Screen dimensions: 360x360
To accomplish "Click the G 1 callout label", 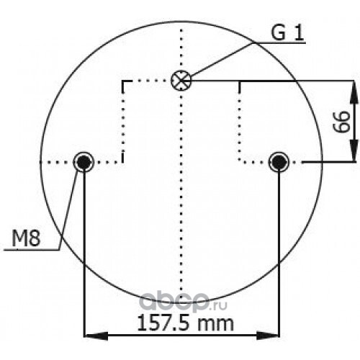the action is (287, 32).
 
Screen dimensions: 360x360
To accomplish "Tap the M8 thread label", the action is (26, 238).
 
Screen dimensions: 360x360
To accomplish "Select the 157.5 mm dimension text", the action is (185, 323).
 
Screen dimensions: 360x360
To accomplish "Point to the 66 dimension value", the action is (341, 122).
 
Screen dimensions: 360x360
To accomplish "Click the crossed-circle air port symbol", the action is (181, 81).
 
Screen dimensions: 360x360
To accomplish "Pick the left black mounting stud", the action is (84, 162).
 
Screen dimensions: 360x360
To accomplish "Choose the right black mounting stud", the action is (279, 162).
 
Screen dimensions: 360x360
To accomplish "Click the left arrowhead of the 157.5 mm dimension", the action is (96, 336).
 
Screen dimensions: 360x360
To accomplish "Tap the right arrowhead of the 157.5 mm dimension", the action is (268, 336).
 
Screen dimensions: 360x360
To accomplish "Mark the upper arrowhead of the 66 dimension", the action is (354, 92).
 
